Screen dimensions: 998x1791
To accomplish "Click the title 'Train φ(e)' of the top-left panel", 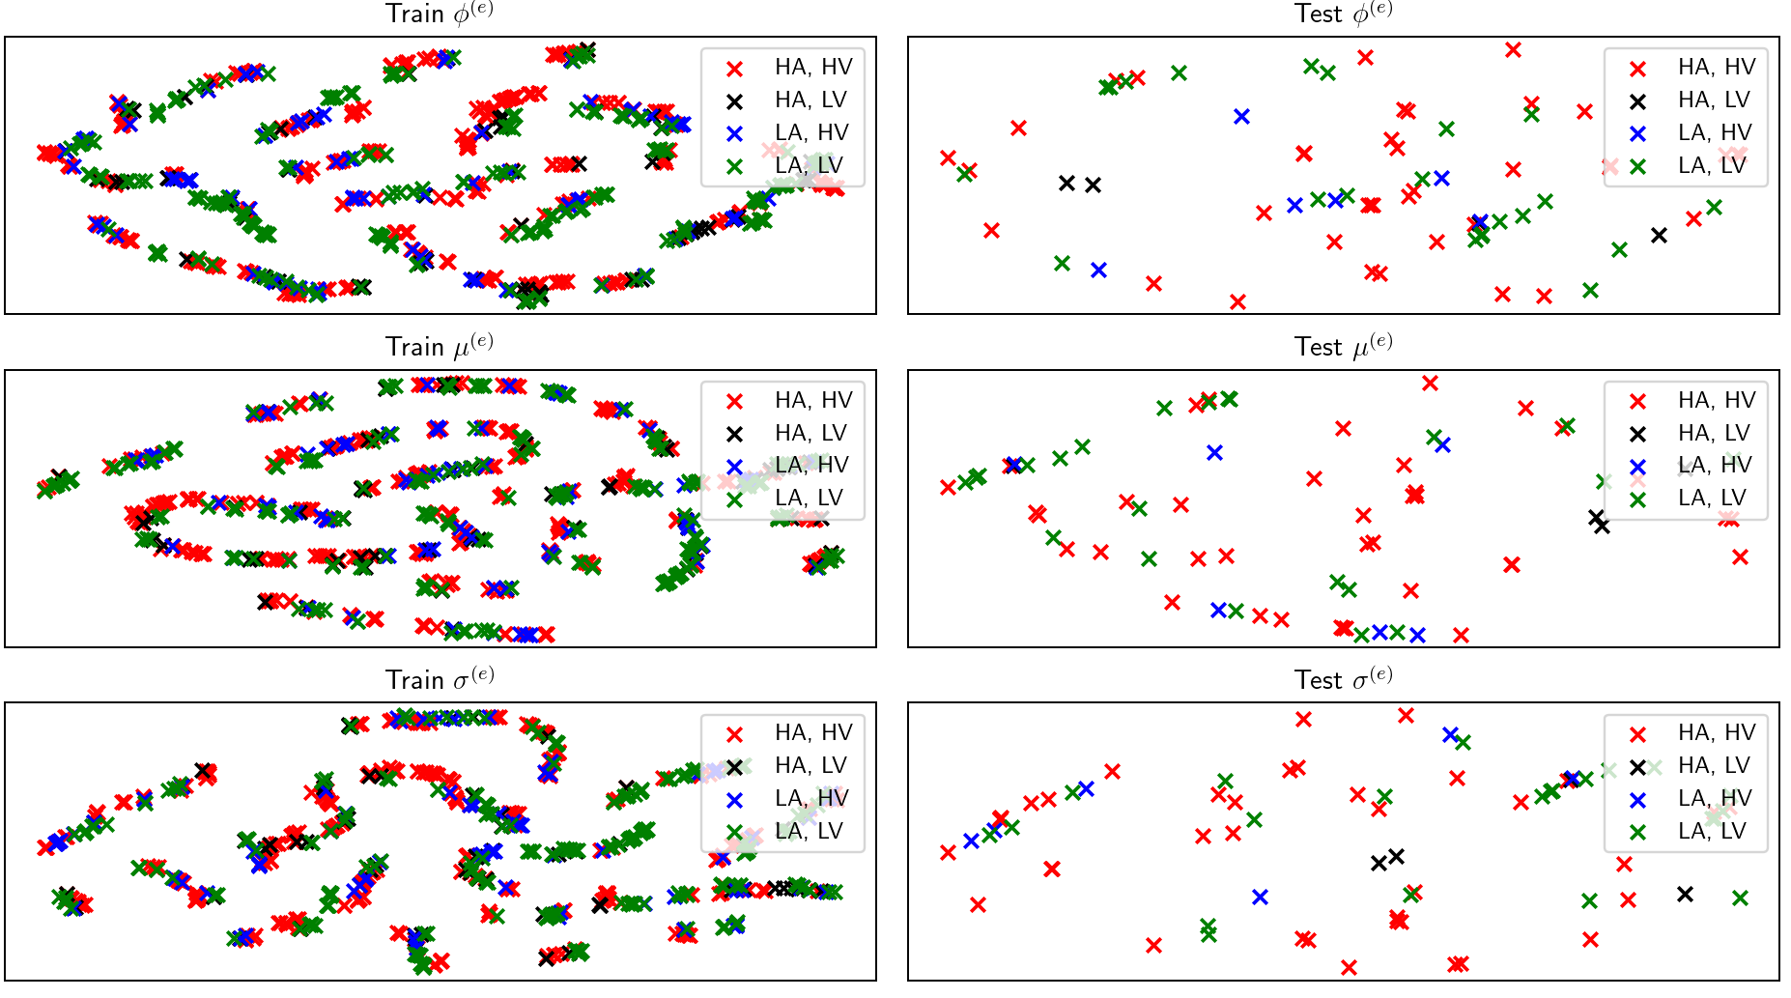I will pos(440,14).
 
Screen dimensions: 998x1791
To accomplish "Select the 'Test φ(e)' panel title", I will pos(1343,14).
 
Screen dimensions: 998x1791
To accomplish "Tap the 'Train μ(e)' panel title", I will pos(440,347).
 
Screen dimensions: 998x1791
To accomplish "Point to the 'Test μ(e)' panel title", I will pos(1343,347).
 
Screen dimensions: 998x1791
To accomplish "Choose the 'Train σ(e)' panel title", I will pos(440,680).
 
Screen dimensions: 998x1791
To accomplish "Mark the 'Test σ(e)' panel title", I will pos(1343,680).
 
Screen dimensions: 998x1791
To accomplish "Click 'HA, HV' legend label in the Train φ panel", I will pos(813,68).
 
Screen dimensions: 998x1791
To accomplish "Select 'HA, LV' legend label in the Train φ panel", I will pos(810,100).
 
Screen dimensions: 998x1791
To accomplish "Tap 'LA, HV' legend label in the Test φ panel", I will pos(1715,133).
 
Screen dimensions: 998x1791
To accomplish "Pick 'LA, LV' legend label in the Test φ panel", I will pos(1712,166).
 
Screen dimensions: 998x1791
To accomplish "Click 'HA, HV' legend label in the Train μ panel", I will pos(813,401).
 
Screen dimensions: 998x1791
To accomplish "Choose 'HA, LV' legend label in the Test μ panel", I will pos(1714,434).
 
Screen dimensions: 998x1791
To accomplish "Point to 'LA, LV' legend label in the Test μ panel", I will pos(1712,499).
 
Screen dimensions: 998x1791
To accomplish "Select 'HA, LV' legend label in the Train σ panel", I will pos(810,766).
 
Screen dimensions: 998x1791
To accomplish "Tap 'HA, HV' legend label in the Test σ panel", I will pos(1717,733).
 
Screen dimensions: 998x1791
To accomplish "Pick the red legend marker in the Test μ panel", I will pos(1637,401).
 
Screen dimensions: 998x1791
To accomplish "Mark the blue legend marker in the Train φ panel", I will pos(734,133).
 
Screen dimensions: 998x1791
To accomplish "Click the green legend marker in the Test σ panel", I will pos(1637,832).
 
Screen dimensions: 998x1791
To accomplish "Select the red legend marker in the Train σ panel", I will pos(734,733).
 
